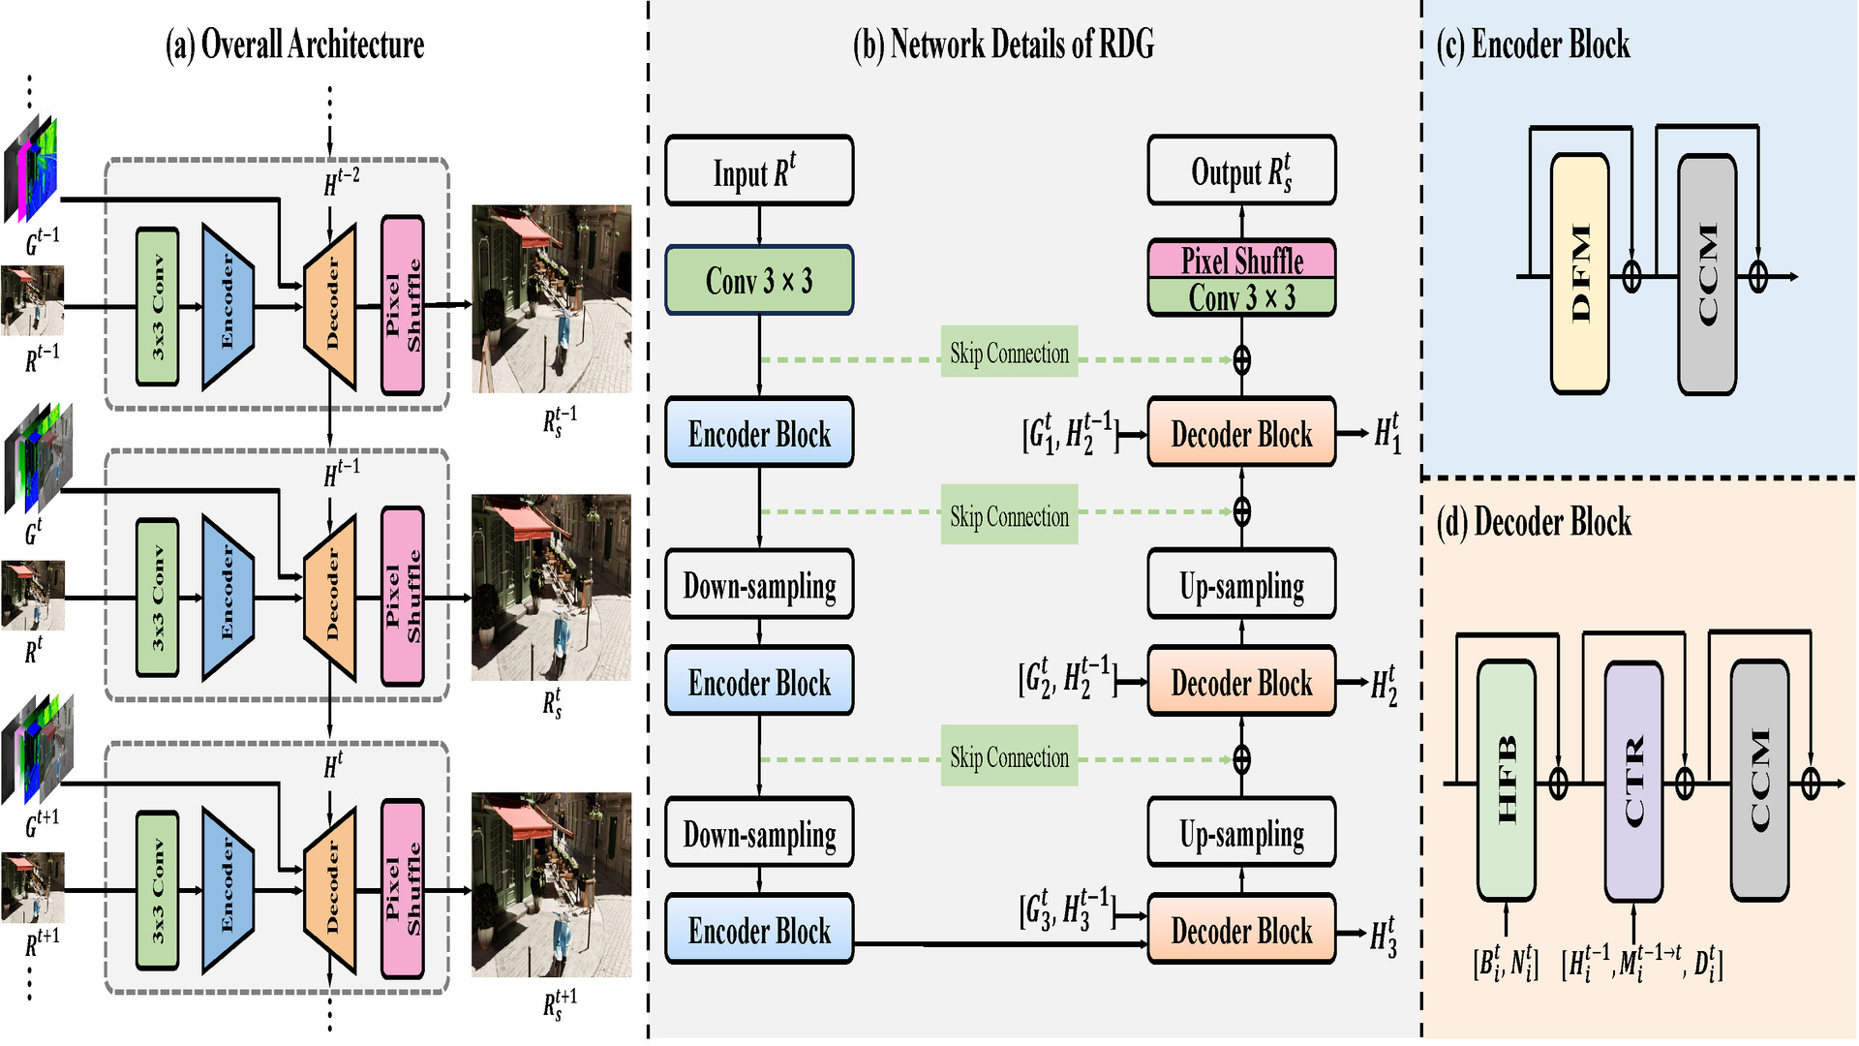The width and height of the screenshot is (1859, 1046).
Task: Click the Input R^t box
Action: coord(759,171)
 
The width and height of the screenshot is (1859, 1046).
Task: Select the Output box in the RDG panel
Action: coord(1241,171)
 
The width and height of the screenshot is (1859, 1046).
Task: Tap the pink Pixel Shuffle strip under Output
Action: coord(1241,260)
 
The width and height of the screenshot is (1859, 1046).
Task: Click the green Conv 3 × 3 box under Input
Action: coord(759,281)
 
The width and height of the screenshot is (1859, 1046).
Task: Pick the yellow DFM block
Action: coord(1580,274)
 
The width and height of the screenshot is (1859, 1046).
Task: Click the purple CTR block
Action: coord(1633,782)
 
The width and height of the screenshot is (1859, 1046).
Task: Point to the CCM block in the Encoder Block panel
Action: coord(1707,274)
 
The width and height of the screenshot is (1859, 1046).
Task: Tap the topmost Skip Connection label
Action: coord(1009,353)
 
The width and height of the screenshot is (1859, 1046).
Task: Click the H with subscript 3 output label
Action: coord(1384,937)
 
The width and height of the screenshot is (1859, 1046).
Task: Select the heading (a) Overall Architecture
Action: coord(295,45)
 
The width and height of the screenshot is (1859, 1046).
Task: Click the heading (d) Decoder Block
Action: coord(1534,522)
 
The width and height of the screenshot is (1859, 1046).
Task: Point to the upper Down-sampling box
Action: coord(759,585)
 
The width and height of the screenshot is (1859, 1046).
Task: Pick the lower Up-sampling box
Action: coord(1241,833)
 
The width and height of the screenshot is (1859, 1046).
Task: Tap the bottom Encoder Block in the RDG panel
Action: coord(759,930)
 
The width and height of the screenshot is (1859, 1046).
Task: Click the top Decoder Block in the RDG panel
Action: coord(1241,434)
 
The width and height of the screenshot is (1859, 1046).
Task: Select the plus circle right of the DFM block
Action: coord(1631,277)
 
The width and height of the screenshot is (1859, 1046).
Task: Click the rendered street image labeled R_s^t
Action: coord(551,587)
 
